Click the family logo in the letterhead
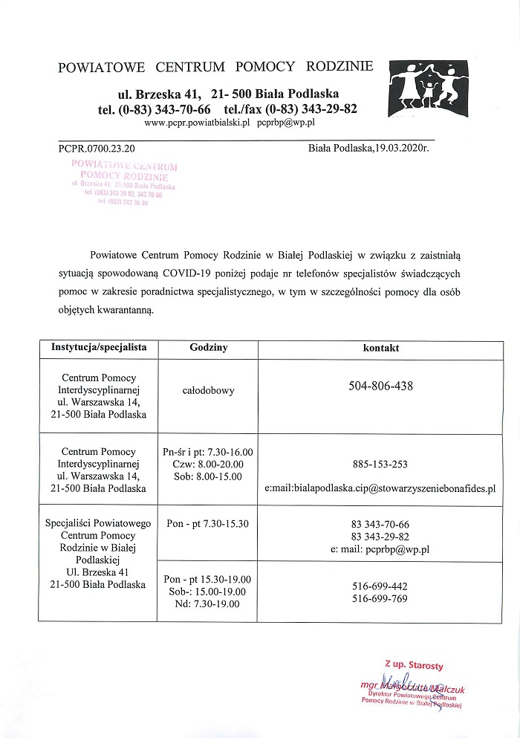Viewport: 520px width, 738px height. (x=428, y=88)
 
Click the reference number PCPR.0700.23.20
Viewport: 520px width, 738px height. (x=97, y=149)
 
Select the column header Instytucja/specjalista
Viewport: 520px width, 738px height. (x=99, y=347)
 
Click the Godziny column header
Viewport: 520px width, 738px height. (x=208, y=347)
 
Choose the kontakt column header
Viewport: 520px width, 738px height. (x=380, y=347)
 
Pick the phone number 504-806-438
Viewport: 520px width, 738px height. (x=380, y=386)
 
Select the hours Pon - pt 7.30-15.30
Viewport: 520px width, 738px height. (x=208, y=524)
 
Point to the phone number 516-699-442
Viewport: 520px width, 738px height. (x=380, y=586)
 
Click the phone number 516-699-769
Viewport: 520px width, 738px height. (x=380, y=597)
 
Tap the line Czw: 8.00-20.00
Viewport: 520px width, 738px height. (x=208, y=464)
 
